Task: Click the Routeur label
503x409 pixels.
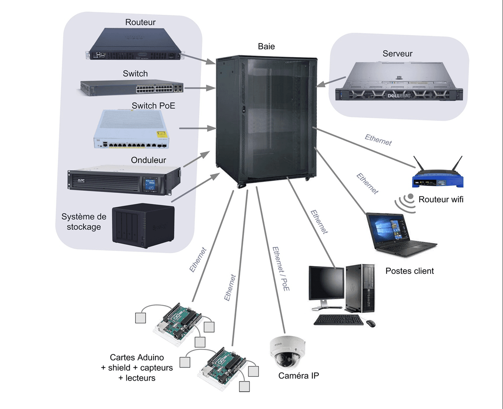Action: (140, 22)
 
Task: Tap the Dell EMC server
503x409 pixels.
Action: (399, 81)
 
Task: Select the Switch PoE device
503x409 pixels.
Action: (131, 129)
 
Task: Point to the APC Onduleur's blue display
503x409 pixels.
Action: (150, 184)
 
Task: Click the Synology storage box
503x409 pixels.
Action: (143, 225)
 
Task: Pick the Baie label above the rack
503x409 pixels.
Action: (266, 47)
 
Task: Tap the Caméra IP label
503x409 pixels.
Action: (299, 376)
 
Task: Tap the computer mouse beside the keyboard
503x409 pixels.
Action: (370, 323)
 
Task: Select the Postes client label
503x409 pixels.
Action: (409, 271)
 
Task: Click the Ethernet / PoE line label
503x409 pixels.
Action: (281, 269)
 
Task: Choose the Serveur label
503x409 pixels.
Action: (397, 53)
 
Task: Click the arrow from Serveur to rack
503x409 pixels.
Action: (331, 81)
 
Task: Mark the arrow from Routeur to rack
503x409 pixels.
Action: (198, 59)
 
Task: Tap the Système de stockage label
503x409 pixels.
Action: (84, 222)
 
